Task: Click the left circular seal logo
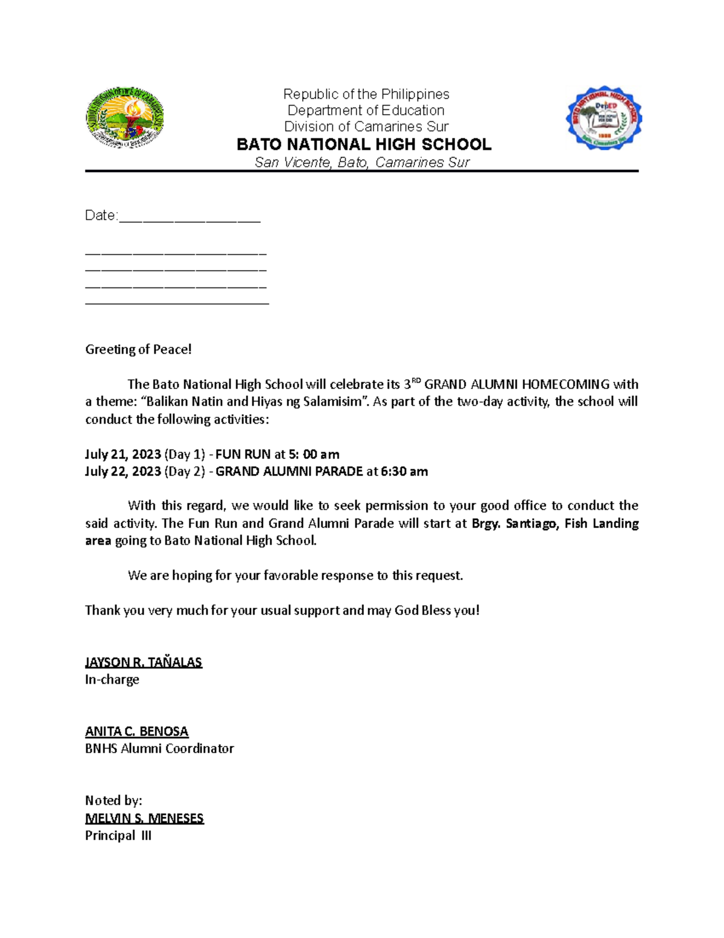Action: pyautogui.click(x=125, y=118)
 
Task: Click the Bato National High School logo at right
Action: pyautogui.click(x=603, y=118)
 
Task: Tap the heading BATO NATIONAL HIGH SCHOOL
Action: pyautogui.click(x=364, y=144)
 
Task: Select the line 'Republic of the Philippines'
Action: pyautogui.click(x=366, y=94)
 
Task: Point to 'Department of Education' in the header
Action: pyautogui.click(x=366, y=111)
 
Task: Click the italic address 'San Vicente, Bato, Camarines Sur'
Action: pyautogui.click(x=362, y=162)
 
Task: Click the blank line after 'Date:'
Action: pyautogui.click(x=189, y=216)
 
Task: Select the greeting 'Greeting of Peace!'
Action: pyautogui.click(x=138, y=349)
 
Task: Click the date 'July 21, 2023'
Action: pyautogui.click(x=123, y=454)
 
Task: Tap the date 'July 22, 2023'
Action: pyautogui.click(x=123, y=471)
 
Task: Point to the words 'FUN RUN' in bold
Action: pyautogui.click(x=243, y=454)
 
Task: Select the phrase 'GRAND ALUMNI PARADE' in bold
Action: pyautogui.click(x=289, y=471)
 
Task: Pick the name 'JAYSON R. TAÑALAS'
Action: pyautogui.click(x=144, y=662)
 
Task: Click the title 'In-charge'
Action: pyautogui.click(x=112, y=679)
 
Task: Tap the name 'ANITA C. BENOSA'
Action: pyautogui.click(x=137, y=731)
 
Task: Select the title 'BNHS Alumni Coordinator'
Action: pyautogui.click(x=159, y=749)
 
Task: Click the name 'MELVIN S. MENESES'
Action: pyautogui.click(x=144, y=818)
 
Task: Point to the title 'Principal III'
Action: pyautogui.click(x=118, y=836)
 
